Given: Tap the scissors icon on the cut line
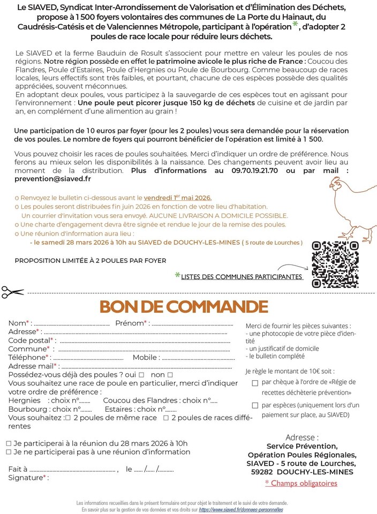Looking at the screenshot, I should point(12,292).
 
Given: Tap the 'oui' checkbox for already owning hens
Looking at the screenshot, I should point(142,375).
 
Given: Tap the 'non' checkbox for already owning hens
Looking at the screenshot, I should point(170,375).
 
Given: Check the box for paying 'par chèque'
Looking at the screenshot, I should point(255,383).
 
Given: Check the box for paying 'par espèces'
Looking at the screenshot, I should point(255,405).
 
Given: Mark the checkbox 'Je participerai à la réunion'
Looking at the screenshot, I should point(9,443).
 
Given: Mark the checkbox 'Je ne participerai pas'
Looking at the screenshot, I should point(9,452).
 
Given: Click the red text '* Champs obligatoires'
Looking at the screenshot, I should point(301,483).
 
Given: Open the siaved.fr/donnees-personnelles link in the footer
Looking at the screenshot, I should point(240,510).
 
